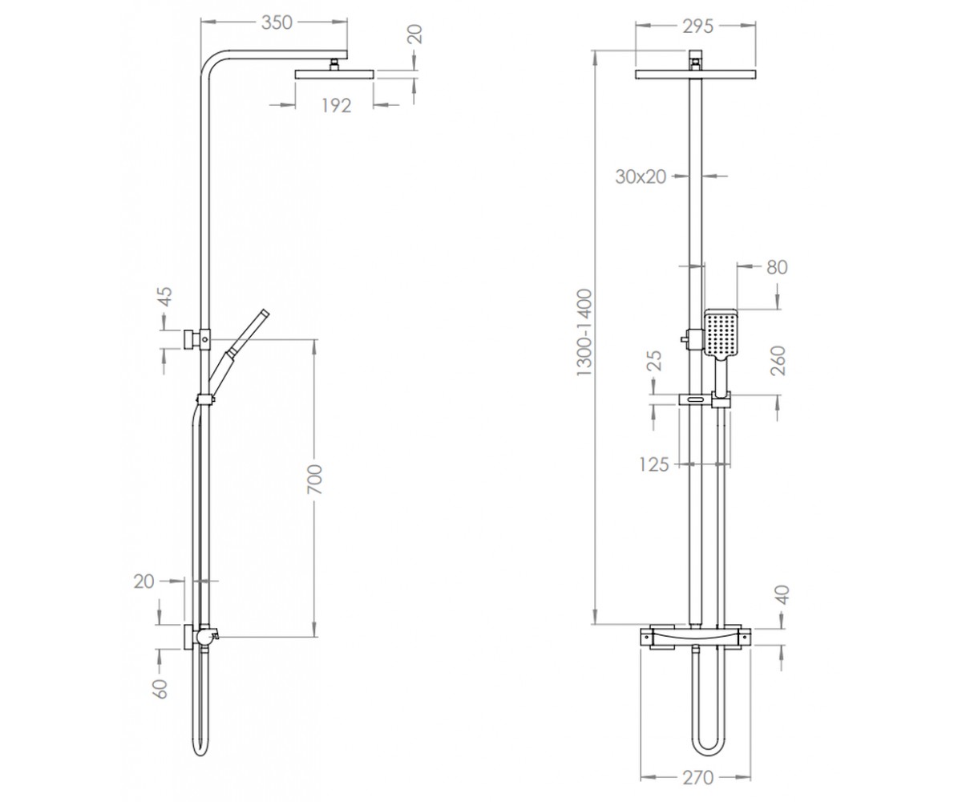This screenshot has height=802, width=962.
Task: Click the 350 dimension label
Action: (x=277, y=23)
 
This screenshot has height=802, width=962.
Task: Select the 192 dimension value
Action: (x=337, y=106)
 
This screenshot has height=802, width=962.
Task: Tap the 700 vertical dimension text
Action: (x=315, y=480)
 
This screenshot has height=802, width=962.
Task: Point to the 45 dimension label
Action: (x=165, y=297)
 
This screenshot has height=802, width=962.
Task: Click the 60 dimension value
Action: (x=160, y=689)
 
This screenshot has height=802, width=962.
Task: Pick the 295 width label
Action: (x=698, y=26)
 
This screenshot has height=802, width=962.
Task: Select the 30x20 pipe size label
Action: (x=641, y=176)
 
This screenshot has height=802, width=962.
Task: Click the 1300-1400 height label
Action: (x=584, y=332)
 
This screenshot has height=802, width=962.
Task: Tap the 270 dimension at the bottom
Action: (x=698, y=778)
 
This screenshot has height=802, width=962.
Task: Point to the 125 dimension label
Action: (x=654, y=464)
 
